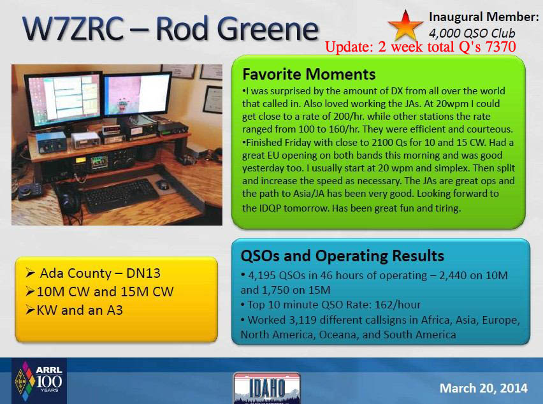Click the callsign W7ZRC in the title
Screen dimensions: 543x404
coord(73,29)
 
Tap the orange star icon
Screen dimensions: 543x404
coord(405,25)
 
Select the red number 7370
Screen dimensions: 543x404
coord(501,47)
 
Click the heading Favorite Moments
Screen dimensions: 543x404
coord(309,74)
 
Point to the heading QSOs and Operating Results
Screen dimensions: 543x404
coord(342,256)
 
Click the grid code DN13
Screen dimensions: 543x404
coord(143,273)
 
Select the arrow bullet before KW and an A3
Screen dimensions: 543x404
coord(31,310)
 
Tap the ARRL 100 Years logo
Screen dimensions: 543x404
coord(39,381)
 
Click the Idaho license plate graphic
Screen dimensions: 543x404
coord(266,388)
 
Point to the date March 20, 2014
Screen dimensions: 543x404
coord(484,388)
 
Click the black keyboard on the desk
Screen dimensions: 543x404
coord(122,196)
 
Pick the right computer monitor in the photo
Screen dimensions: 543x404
coord(137,95)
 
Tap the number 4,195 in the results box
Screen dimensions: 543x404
coord(262,275)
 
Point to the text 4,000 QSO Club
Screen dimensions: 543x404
coord(472,33)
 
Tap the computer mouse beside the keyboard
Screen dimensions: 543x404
coord(163,185)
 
